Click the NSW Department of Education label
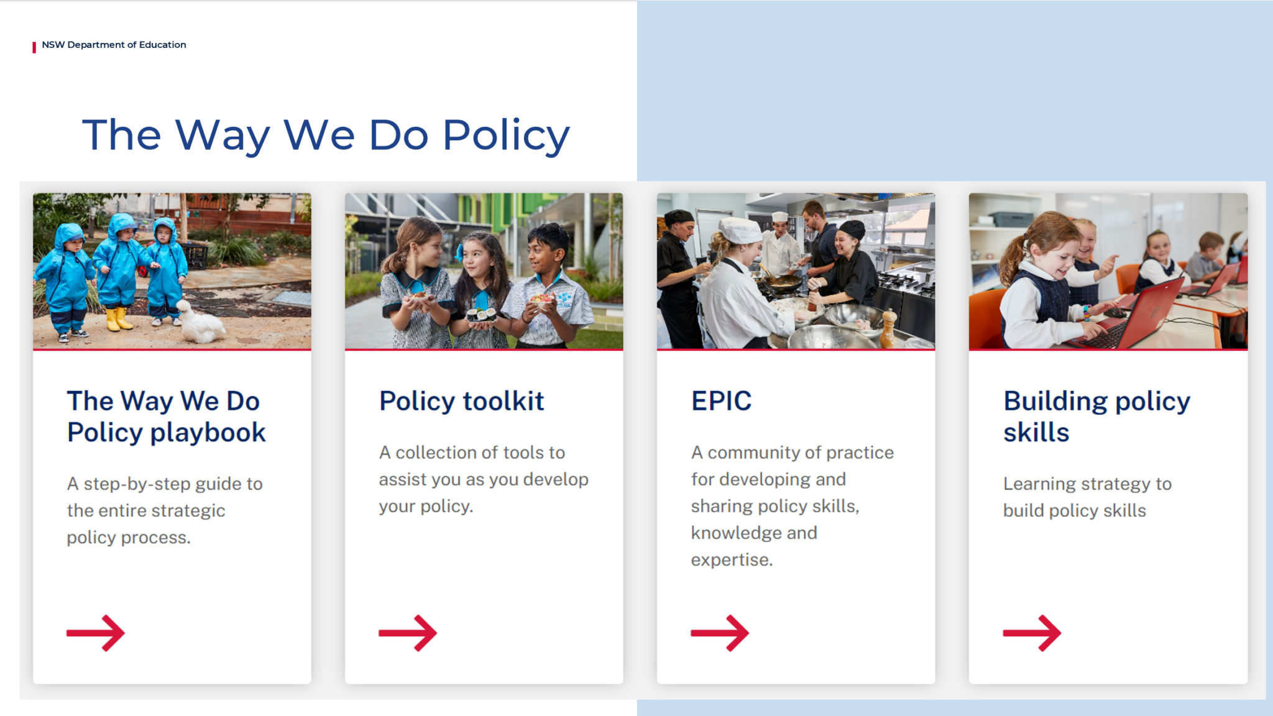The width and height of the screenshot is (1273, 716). point(114,45)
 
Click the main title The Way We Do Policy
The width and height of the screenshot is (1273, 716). point(326,135)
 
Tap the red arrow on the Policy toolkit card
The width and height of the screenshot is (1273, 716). point(408,633)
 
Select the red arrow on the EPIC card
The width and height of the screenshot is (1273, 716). point(720,633)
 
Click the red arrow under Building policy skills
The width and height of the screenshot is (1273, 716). point(1032,633)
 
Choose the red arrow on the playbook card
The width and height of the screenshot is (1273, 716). point(96,633)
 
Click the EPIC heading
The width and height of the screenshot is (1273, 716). point(721,401)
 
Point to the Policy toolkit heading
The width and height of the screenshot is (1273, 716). point(461,401)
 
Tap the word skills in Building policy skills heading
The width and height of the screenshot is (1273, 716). point(1036,433)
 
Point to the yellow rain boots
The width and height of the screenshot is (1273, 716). point(118,318)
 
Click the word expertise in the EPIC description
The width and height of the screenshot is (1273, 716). point(731,560)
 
